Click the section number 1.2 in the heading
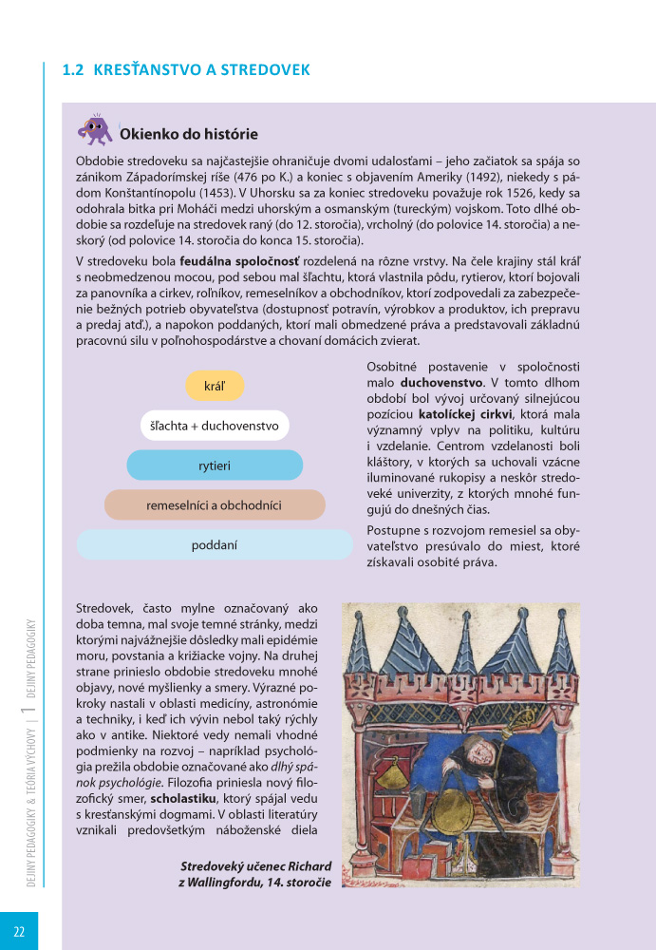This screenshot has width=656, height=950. (73, 70)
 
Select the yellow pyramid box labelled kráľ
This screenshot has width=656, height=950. (215, 385)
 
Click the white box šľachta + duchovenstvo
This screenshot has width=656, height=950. (214, 426)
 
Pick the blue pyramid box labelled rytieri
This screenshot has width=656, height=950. (215, 465)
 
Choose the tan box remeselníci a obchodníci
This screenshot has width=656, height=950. (215, 505)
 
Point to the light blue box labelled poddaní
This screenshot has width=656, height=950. (215, 545)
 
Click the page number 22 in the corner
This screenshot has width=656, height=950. (19, 931)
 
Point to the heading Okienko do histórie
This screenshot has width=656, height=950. (188, 135)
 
